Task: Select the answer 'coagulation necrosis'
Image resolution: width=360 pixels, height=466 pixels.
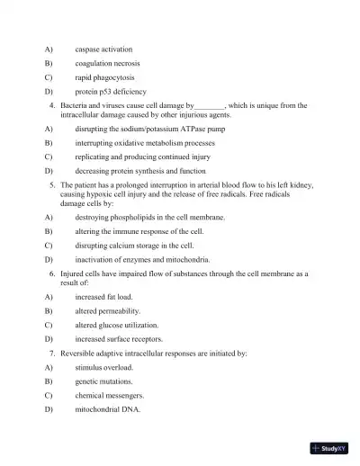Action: (x=107, y=63)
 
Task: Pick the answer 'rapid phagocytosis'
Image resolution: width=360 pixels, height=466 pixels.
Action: (x=104, y=77)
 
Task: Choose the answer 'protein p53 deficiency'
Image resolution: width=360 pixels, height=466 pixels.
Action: (x=111, y=92)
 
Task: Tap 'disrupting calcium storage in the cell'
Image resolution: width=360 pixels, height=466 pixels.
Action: (x=134, y=245)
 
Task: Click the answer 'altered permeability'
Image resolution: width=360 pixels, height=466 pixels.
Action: (x=108, y=310)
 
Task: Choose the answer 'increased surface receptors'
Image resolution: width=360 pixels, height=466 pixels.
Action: (x=120, y=339)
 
